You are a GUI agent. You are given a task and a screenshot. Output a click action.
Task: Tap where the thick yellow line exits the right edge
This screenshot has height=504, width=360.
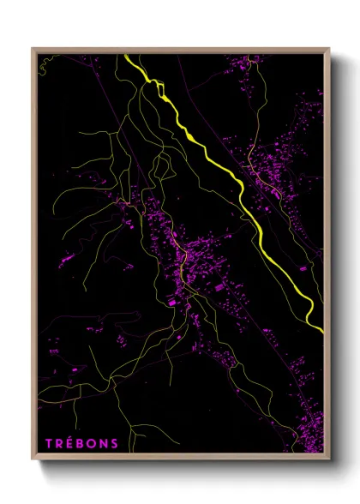322,331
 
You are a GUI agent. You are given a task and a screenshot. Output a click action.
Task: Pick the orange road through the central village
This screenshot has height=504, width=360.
183,257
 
